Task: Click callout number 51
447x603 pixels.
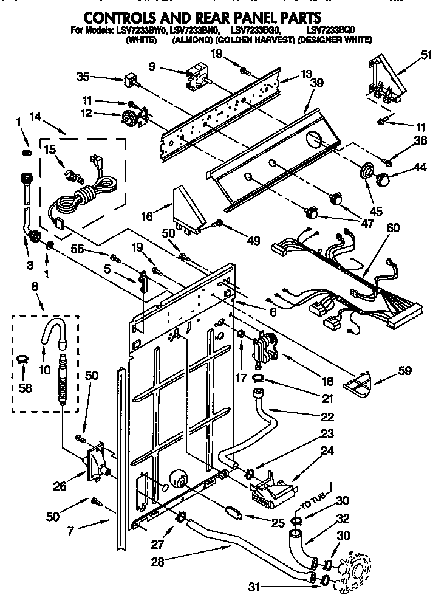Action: [426, 55]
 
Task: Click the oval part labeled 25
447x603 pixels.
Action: [233, 512]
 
